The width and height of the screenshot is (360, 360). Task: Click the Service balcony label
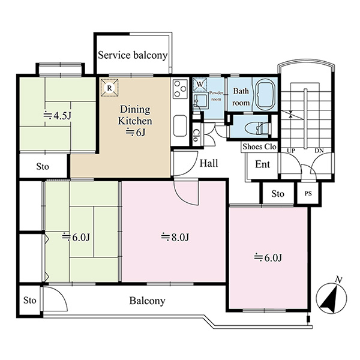[x=133, y=55]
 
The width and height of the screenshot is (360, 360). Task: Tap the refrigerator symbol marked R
[x=110, y=88]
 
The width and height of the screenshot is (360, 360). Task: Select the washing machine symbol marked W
[x=200, y=84]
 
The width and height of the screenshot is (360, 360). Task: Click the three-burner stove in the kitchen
[x=180, y=89]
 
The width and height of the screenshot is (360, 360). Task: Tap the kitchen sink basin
[x=180, y=126]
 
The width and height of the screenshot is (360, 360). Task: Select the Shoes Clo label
[x=259, y=147]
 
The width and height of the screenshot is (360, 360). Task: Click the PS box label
[x=308, y=194]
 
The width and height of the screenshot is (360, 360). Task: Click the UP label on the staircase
[x=291, y=151]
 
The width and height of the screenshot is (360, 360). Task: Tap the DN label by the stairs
[x=319, y=151]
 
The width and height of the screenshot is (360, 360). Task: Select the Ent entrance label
[x=262, y=164]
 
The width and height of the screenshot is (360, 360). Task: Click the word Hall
[x=209, y=163]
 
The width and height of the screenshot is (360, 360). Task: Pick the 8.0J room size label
[x=175, y=238]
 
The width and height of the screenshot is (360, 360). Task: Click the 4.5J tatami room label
[x=58, y=116]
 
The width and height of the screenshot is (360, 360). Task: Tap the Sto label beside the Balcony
[x=30, y=301]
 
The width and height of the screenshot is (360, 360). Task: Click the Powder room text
[x=216, y=96]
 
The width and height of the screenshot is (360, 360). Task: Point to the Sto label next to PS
[x=278, y=194]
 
